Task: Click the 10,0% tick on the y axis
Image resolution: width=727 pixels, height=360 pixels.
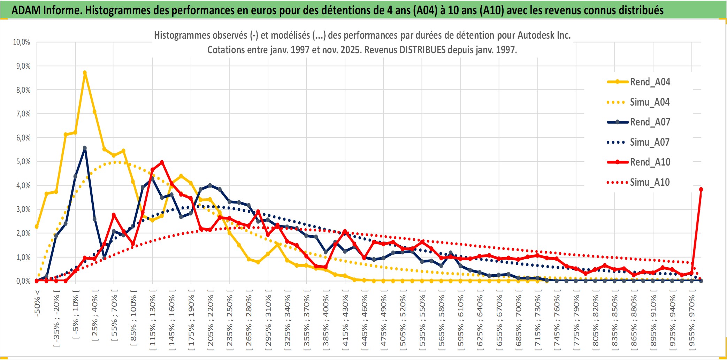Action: pos(22,42)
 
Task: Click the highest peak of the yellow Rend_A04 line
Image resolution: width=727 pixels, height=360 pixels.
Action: pos(85,73)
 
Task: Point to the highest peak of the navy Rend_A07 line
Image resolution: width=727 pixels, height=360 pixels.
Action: pos(85,148)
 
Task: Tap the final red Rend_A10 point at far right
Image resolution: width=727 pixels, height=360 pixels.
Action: pos(701,190)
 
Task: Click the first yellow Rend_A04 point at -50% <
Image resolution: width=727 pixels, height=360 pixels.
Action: pos(37,227)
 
